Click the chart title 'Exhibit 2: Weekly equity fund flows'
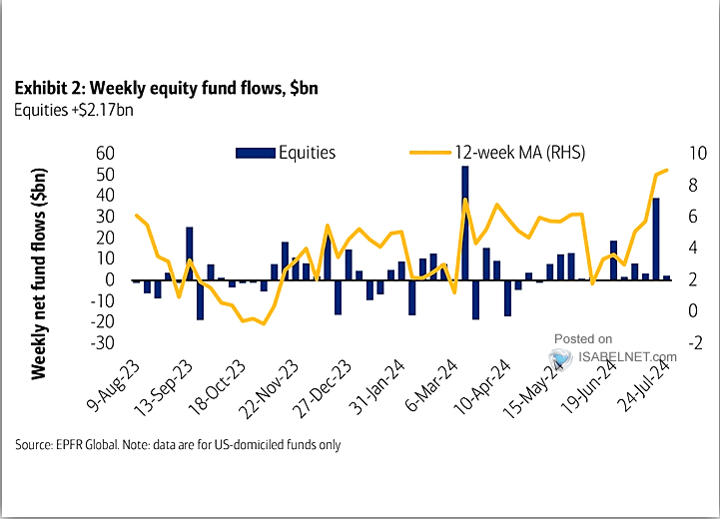click(166, 88)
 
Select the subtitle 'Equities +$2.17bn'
click(74, 110)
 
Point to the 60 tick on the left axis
click(103, 153)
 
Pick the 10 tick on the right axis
click(697, 153)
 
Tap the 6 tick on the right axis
click(692, 216)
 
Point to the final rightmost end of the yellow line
click(667, 170)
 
